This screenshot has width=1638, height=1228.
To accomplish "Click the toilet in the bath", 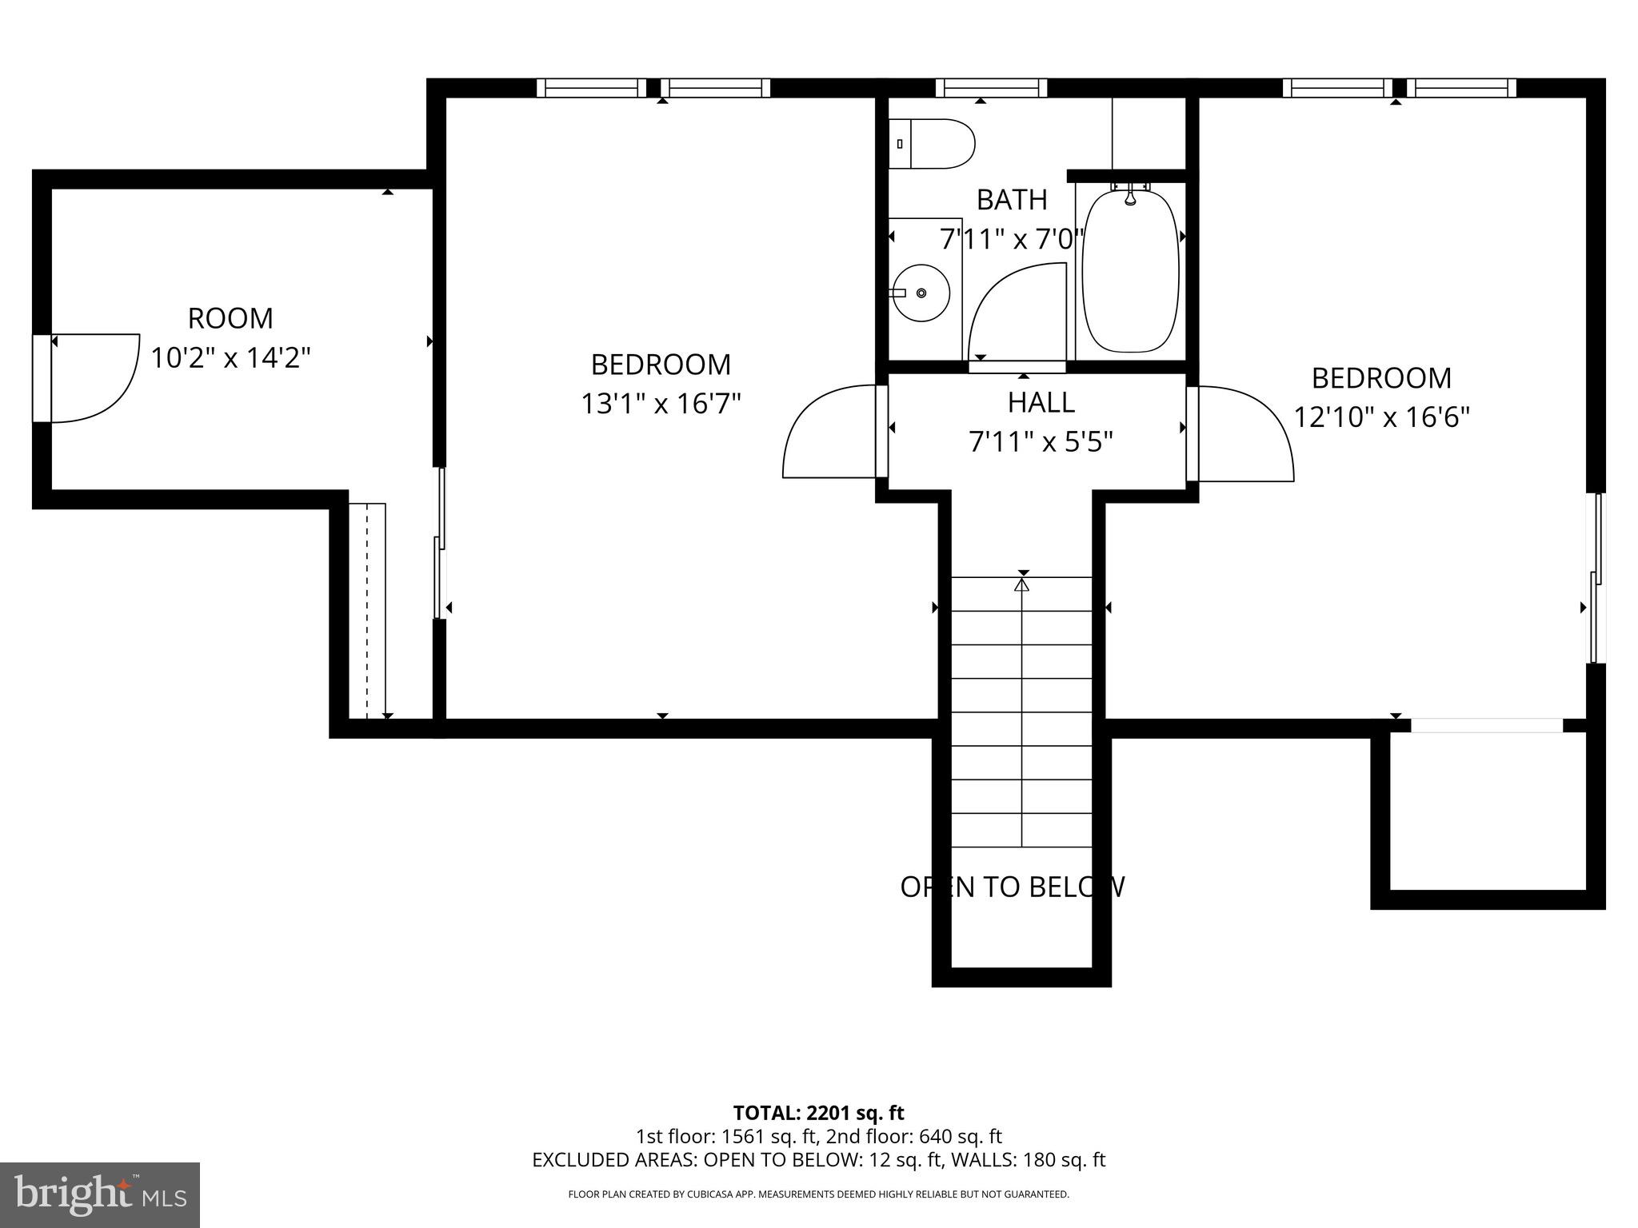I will point(932,144).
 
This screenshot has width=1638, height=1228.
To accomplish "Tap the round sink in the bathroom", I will point(921,293).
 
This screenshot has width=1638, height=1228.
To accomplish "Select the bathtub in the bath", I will point(1130,269).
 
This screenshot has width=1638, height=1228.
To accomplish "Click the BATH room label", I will point(1012,200).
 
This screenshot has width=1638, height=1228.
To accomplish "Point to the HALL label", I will point(1041,402).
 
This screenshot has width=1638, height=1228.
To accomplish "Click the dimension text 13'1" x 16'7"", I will point(661,404).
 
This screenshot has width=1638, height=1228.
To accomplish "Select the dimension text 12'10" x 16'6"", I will point(1381,417).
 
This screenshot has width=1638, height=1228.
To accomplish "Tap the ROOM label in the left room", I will point(230,318).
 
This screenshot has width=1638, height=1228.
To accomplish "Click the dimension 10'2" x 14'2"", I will point(230,357).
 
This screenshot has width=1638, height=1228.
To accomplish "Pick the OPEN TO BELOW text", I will point(1013,887).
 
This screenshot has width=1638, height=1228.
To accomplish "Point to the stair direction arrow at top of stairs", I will point(1021,585).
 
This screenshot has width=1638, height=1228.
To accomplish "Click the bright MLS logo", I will point(100,1195).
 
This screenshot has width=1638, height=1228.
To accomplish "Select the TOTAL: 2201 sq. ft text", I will point(818,1113).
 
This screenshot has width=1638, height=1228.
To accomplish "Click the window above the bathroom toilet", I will point(991,88).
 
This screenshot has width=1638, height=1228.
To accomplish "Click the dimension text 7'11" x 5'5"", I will point(1041,441).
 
